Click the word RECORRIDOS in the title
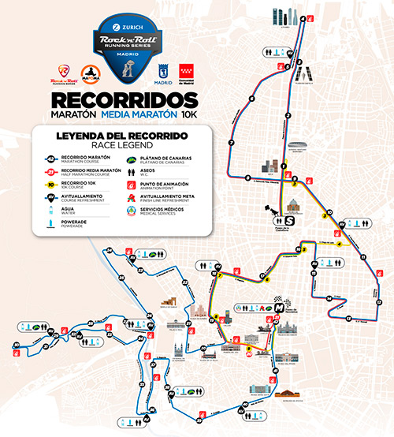click(x=123, y=102)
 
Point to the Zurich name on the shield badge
click(x=146, y=25)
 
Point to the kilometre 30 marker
click(x=17, y=344)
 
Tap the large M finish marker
click(x=277, y=305)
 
